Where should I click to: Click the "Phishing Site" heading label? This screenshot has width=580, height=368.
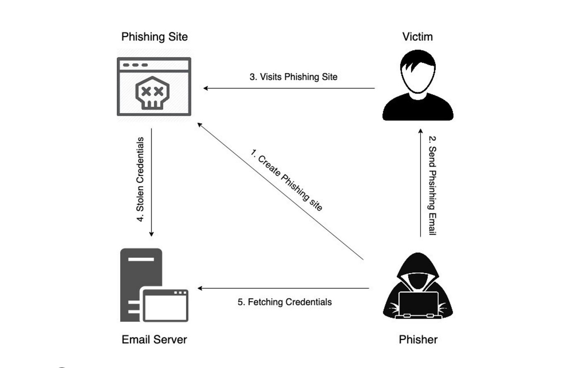point(155,37)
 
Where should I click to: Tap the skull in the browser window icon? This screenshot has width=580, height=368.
point(152,93)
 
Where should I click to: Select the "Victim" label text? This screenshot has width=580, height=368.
point(417,37)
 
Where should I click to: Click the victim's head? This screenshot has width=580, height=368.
point(418,72)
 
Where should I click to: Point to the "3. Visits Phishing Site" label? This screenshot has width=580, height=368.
point(293,77)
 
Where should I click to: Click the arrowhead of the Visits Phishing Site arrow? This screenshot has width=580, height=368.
point(205,88)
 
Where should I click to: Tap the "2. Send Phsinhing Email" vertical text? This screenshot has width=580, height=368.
point(432,185)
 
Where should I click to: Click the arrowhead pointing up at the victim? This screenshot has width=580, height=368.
point(420,131)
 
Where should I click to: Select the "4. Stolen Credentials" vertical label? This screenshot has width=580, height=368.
point(140,179)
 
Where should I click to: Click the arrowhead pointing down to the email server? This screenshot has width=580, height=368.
point(151,234)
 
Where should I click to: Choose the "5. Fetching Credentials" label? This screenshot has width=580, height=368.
point(285,302)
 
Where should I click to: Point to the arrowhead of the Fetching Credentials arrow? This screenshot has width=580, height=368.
point(200,288)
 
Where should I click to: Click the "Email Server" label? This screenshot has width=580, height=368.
point(154,339)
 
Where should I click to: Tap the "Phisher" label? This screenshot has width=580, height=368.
point(418,339)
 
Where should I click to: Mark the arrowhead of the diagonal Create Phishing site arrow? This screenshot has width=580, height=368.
point(199,124)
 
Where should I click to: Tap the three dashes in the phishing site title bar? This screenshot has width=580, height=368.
point(135,65)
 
